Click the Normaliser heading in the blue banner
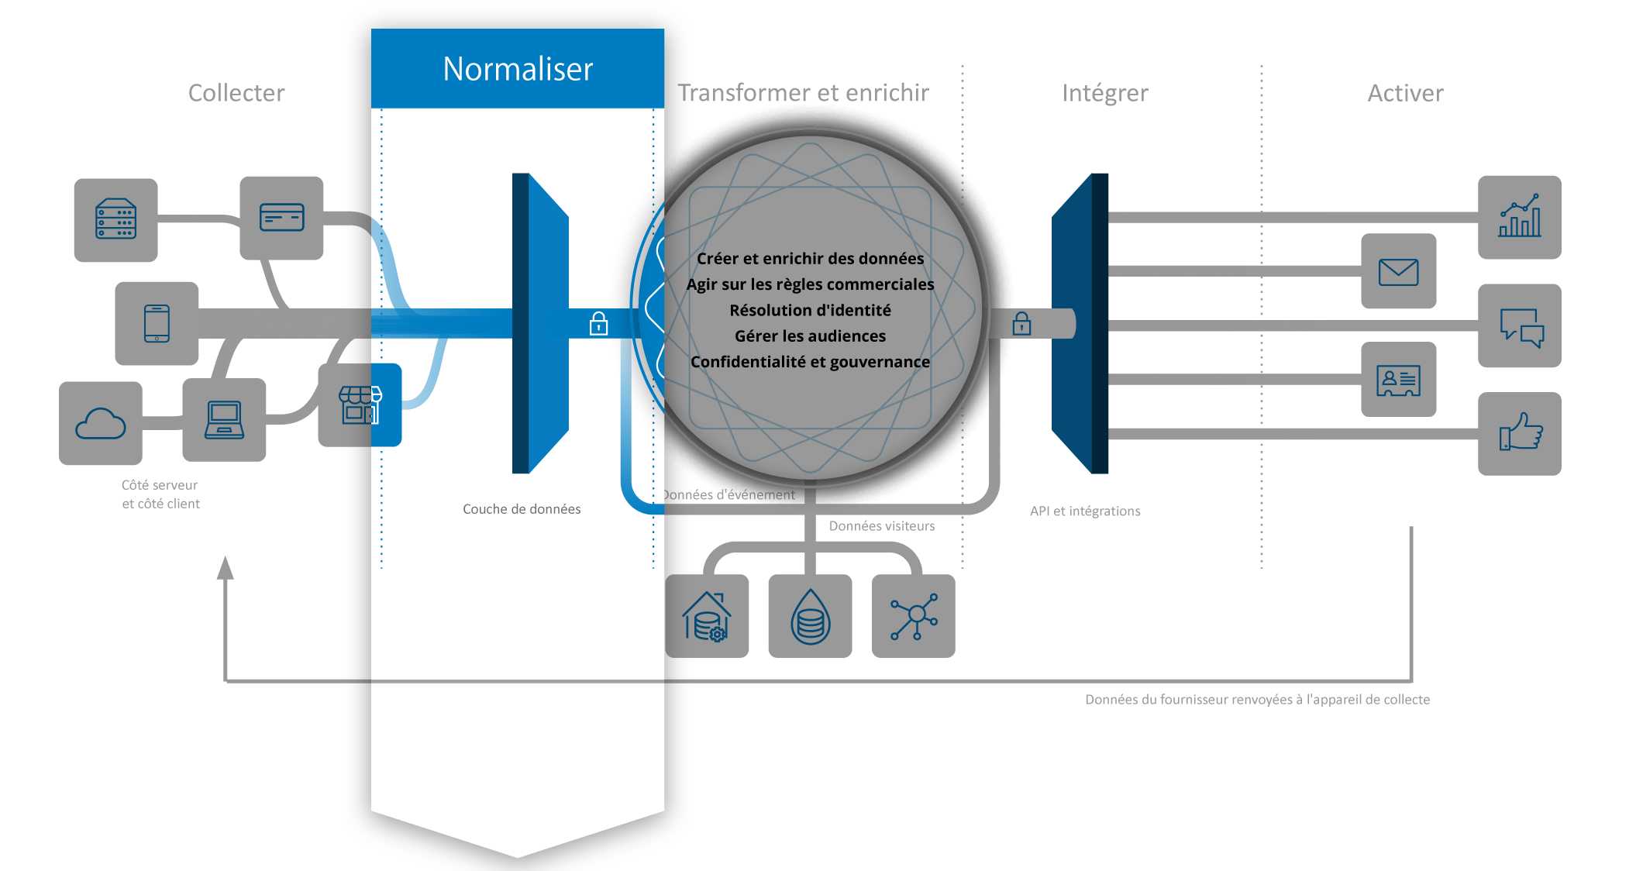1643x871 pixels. coord(518,69)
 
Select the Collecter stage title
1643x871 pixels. coord(236,93)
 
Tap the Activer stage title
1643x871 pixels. coord(1405,93)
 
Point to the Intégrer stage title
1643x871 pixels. coord(1104,93)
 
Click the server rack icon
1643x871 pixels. coord(115,219)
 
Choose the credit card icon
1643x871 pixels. coord(281,218)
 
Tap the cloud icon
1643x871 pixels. coord(101,424)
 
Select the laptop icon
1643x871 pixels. coord(224,420)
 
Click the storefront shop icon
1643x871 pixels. coord(360,405)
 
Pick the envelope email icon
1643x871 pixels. coord(1398,272)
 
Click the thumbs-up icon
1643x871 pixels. coord(1520,433)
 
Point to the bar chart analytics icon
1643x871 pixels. coord(1519,217)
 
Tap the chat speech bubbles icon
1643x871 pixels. coord(1520,326)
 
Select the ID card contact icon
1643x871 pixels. coord(1398,380)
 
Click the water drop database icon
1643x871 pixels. coord(810,617)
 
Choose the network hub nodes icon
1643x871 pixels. coord(914,617)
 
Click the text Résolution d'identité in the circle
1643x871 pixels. coord(810,310)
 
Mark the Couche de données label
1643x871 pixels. coord(522,509)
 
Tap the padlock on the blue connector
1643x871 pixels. coord(598,323)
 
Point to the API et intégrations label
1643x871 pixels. coord(1085,511)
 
